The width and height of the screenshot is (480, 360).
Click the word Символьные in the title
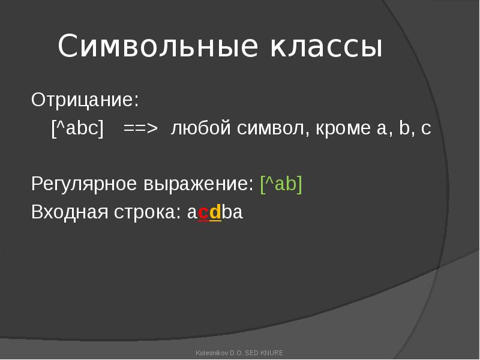pos(158,46)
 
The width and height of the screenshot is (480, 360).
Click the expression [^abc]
pos(78,128)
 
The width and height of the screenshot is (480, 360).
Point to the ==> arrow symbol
pos(140,128)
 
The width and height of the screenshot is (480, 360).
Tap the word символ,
pos(274,128)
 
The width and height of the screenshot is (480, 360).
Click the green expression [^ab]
pos(281,184)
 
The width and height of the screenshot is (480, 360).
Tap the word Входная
pos(70,212)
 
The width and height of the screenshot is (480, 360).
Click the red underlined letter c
pos(203,213)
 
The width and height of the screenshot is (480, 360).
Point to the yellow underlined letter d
pos(215,212)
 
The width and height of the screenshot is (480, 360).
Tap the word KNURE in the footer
pos(272,353)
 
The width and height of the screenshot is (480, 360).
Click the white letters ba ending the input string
pos(232,212)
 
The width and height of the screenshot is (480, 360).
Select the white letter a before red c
pos(192,213)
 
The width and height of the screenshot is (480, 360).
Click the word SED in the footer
pos(252,353)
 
